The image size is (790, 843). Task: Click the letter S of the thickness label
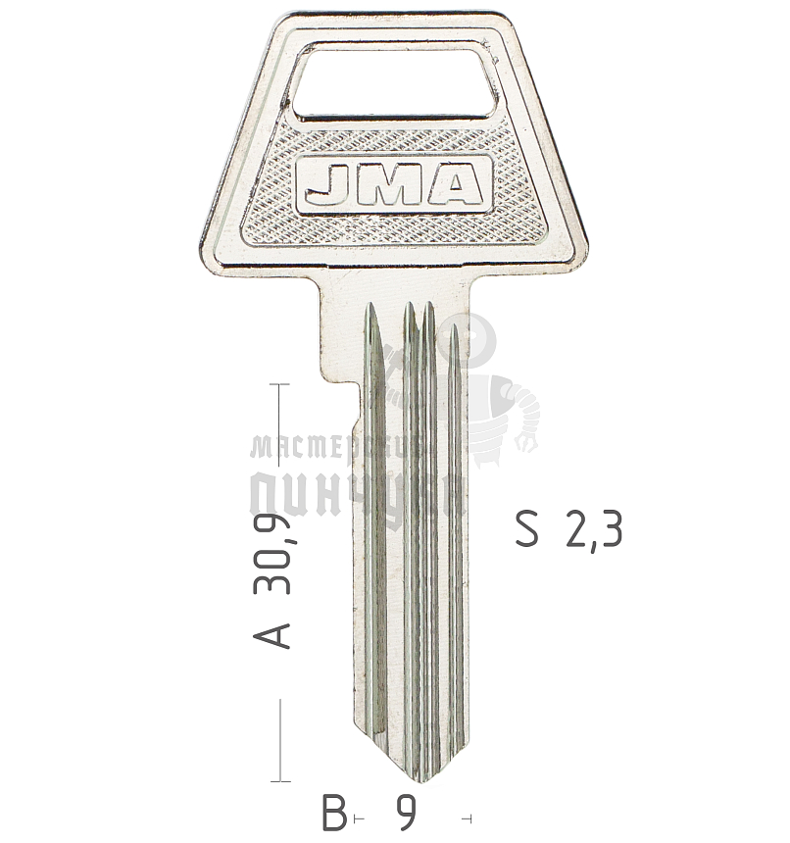click(527, 530)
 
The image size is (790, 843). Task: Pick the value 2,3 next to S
click(593, 530)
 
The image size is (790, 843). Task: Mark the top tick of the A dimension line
click(280, 385)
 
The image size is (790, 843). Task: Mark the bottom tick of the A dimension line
click(280, 781)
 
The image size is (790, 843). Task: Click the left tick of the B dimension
click(355, 817)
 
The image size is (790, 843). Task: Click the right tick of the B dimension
click(472, 817)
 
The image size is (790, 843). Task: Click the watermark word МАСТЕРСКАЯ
click(333, 449)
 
